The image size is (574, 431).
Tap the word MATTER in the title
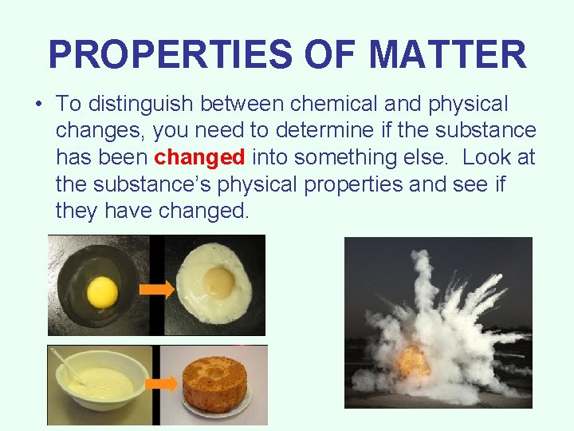[x=446, y=55]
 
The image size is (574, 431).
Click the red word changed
[x=199, y=157]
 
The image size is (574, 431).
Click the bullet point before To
[x=39, y=105]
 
